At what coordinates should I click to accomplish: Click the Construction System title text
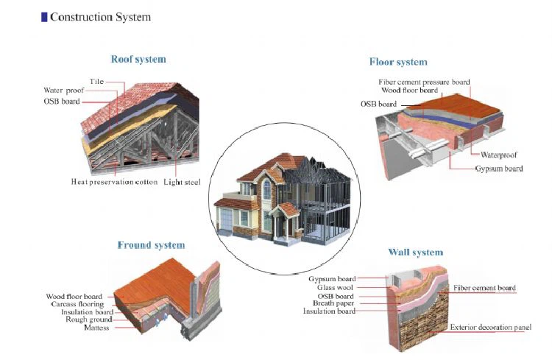[100, 17]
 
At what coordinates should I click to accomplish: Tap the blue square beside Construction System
[44, 17]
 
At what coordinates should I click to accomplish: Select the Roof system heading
[138, 59]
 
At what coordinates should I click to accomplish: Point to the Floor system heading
[398, 62]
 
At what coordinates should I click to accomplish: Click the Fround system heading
[151, 245]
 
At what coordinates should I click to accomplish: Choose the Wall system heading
[415, 253]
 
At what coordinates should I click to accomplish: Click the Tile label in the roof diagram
[96, 82]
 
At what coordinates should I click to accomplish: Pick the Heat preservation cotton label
[114, 182]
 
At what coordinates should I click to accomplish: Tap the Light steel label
[182, 182]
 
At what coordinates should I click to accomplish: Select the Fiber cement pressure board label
[424, 82]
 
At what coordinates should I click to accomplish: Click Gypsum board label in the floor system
[499, 169]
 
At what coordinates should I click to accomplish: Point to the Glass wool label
[335, 287]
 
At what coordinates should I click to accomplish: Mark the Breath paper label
[333, 303]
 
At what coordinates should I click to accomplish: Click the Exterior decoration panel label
[491, 328]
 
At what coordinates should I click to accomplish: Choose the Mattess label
[96, 328]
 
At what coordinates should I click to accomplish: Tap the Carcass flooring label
[77, 304]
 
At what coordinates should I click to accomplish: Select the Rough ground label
[89, 320]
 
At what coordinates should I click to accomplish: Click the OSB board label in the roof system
[62, 102]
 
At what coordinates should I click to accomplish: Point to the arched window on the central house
[267, 190]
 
